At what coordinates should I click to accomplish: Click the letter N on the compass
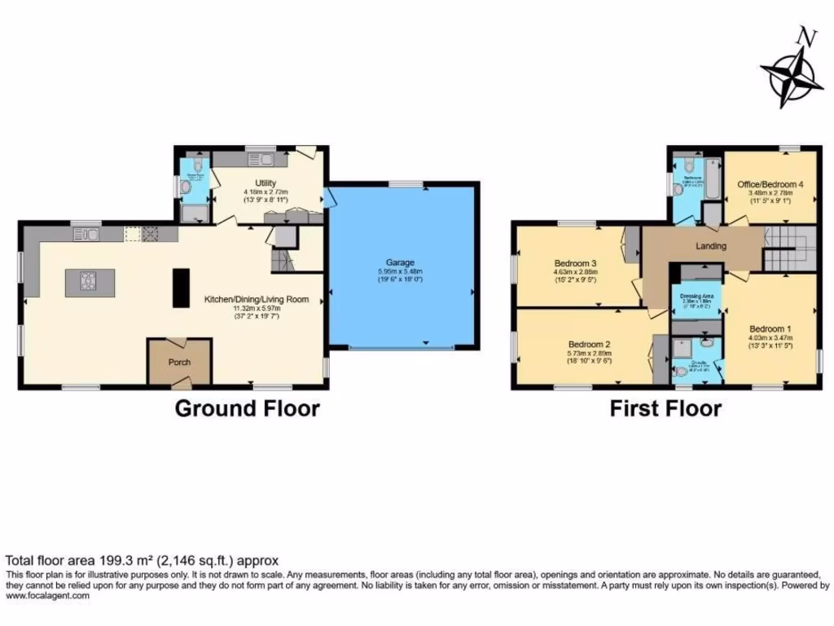point(806,37)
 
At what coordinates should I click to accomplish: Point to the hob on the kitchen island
point(87,282)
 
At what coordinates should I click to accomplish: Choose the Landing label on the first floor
point(706,246)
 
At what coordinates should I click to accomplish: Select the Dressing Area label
point(696,296)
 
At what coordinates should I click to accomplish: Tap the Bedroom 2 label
point(590,344)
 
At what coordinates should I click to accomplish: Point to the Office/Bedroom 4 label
point(770,185)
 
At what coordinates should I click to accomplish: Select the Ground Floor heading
point(248,408)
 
